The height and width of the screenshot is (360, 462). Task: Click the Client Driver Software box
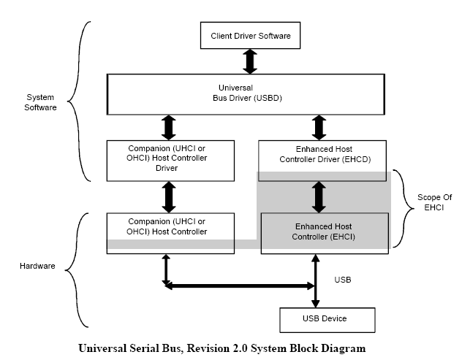[x=250, y=34]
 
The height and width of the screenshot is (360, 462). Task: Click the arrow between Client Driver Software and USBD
[x=250, y=61]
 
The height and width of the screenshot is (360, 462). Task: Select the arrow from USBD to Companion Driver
[x=167, y=126]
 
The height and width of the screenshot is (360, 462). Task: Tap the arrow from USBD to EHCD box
[x=318, y=126]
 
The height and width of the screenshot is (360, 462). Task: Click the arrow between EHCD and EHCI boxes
[x=318, y=196]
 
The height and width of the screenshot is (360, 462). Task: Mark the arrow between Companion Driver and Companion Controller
[x=167, y=196]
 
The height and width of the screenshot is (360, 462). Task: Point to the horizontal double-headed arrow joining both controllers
[x=241, y=286]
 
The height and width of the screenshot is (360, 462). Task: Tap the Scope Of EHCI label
[x=429, y=202]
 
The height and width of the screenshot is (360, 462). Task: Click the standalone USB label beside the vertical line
[x=344, y=280]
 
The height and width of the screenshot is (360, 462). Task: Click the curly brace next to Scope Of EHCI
[x=399, y=207]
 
